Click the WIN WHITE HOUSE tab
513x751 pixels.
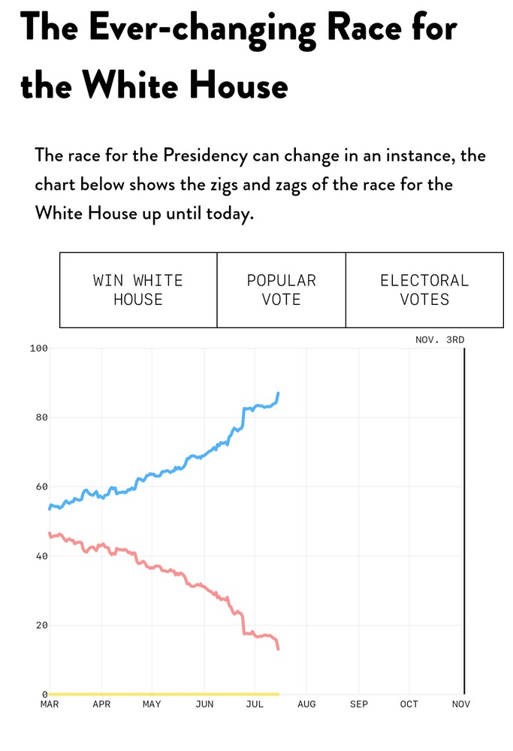coord(138,290)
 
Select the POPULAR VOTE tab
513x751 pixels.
coord(282,290)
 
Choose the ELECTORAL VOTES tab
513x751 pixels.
coord(424,290)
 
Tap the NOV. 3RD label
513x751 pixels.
coord(440,339)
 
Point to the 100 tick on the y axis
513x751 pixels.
coord(39,348)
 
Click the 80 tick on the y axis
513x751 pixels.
coord(42,418)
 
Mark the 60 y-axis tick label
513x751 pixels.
coord(42,487)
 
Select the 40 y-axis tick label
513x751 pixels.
coord(42,556)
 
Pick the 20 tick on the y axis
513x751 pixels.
coord(42,626)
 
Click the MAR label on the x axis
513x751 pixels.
coord(50,704)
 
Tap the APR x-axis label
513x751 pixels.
coord(101,704)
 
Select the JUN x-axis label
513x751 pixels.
coord(204,704)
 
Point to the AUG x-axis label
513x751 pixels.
coord(306,704)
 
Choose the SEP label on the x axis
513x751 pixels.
coord(358,704)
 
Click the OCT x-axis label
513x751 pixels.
coord(409,704)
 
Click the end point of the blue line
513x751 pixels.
coord(279,393)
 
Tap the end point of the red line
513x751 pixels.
coord(279,649)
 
